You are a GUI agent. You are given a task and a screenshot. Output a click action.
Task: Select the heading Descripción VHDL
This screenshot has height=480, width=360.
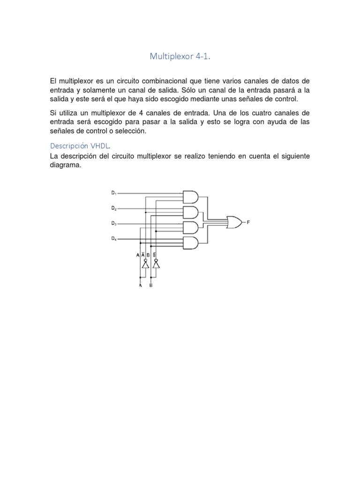coord(78,145)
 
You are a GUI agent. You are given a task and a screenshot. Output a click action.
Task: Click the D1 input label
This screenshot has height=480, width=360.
coord(113,193)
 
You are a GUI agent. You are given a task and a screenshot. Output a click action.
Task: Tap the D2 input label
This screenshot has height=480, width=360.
coord(113,208)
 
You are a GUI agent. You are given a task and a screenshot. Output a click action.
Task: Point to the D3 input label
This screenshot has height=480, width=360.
coord(113,224)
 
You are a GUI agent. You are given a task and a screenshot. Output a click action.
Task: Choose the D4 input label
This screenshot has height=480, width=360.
coord(113,239)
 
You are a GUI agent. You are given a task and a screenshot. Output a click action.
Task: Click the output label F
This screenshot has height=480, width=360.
coord(248,222)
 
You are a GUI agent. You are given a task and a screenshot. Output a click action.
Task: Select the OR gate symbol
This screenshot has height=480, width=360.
coord(233,222)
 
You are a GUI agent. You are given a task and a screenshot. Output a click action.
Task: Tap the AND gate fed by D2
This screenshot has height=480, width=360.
coord(190,212)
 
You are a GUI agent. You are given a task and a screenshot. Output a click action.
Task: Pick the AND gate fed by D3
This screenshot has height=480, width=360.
coord(190,228)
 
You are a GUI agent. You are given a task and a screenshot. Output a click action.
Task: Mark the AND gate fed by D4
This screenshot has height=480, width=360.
coord(190,243)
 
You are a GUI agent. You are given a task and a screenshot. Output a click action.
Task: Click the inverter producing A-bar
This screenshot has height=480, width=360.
coord(145,265)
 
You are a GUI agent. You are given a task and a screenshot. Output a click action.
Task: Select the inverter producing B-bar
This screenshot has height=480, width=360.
coord(156,265)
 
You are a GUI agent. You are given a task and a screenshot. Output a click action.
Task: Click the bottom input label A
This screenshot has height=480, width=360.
coord(140,285)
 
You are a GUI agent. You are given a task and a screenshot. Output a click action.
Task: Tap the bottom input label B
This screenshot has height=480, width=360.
coord(151,285)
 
